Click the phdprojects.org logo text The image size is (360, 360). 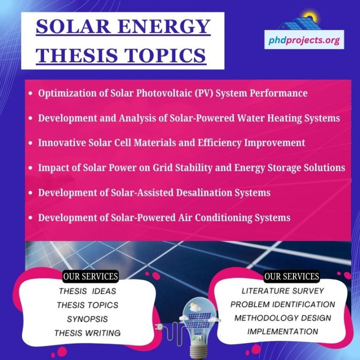coord(304,40)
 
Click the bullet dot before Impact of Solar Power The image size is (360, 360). coord(30,168)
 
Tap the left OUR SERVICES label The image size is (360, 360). coord(90,276)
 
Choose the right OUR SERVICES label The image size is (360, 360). coord(292,276)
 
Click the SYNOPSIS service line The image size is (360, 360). coord(87,319)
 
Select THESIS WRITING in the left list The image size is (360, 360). coord(87,333)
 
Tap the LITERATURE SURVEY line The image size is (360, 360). coord(283,291)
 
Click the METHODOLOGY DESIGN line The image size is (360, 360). coord(283,318)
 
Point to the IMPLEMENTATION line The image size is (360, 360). coord(283,331)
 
